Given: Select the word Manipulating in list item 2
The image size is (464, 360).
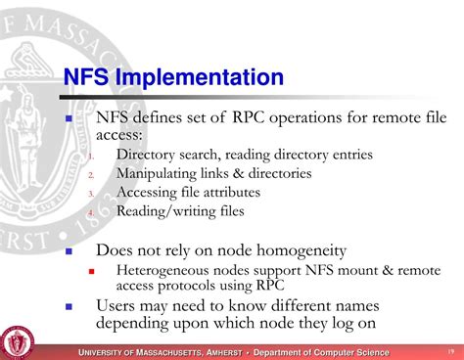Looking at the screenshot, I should (x=160, y=173).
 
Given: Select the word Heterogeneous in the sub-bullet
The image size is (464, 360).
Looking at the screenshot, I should (x=165, y=270).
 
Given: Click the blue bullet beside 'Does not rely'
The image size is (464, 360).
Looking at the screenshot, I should (x=70, y=251).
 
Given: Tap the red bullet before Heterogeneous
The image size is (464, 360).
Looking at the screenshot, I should (x=92, y=271).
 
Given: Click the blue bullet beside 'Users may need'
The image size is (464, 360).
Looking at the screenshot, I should (x=70, y=306).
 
